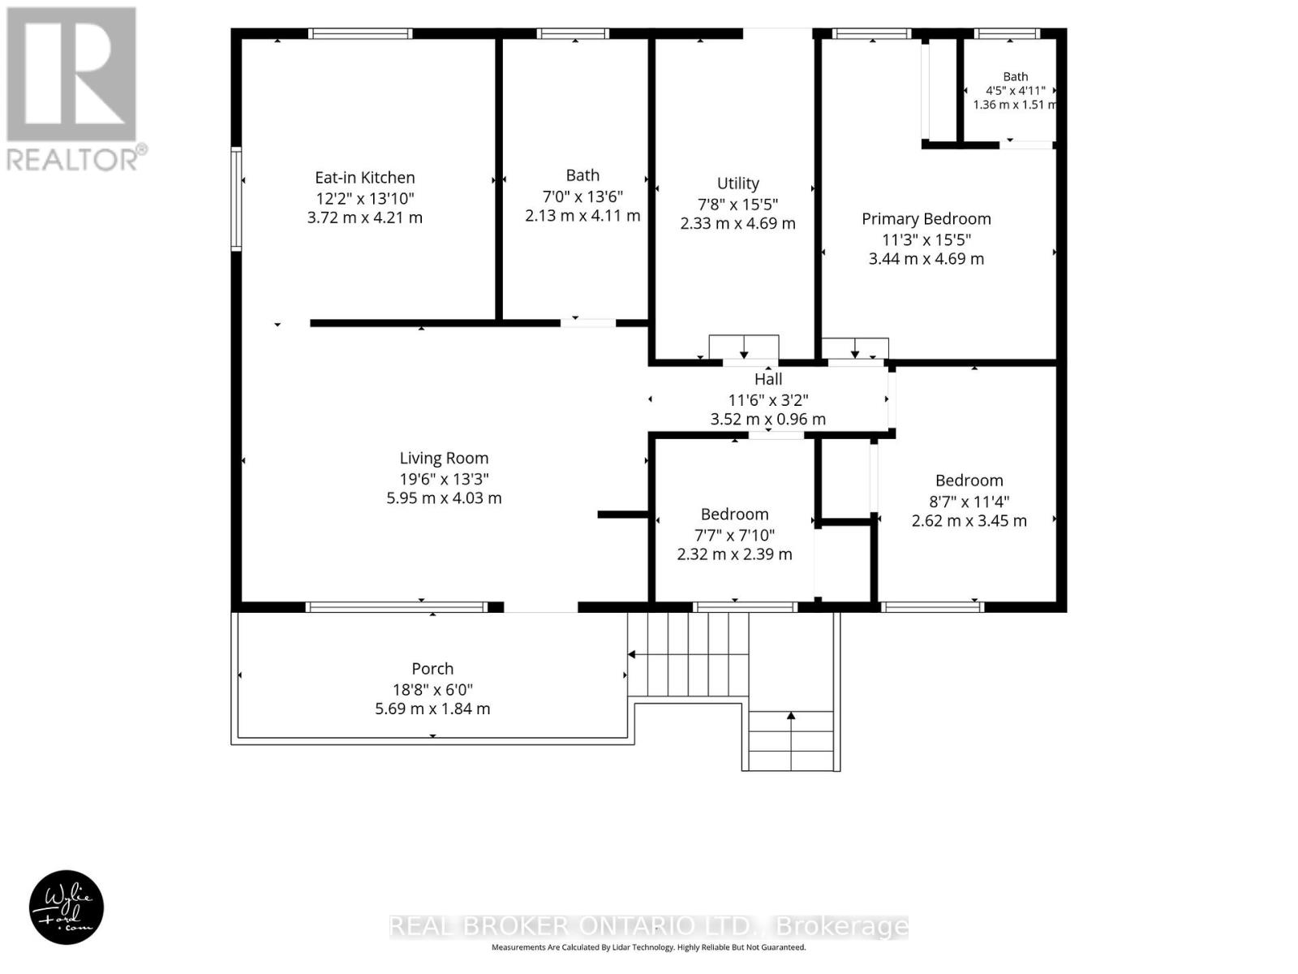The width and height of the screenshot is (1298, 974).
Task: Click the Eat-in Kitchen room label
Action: [x=364, y=178]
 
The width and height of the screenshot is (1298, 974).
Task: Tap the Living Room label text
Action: [x=444, y=458]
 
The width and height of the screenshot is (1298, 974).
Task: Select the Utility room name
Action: [x=737, y=184]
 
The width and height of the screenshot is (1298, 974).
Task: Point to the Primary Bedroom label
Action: [x=926, y=219]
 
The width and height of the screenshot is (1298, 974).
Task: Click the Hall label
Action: [x=768, y=379]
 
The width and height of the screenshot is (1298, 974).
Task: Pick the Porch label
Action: [x=432, y=669]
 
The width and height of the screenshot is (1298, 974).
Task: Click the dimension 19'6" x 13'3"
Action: [x=444, y=478]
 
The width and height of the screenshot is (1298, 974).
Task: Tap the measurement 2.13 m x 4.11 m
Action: [x=582, y=215]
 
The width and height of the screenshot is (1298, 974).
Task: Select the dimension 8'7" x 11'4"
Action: [x=969, y=502]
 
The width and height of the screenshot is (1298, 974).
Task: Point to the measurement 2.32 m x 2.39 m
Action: [x=734, y=554]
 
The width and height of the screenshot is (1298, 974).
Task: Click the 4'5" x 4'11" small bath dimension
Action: [x=1016, y=90]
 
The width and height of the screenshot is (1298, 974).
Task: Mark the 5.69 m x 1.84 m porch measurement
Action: [x=432, y=709]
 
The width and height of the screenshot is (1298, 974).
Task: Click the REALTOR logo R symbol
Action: [x=71, y=74]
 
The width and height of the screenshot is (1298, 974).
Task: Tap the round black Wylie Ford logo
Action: [x=67, y=907]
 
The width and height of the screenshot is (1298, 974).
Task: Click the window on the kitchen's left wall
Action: [x=236, y=199]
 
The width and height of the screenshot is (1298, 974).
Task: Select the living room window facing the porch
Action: [x=396, y=607]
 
